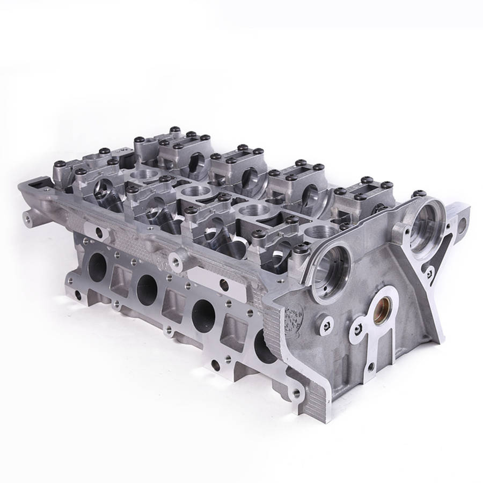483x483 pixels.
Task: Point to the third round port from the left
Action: click(x=202, y=312)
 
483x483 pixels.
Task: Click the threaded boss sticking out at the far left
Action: click(x=27, y=217)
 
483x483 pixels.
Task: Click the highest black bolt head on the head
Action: click(x=174, y=129)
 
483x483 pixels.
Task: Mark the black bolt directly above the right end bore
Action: click(x=419, y=192)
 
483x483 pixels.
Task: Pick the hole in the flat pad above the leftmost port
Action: click(x=99, y=232)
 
